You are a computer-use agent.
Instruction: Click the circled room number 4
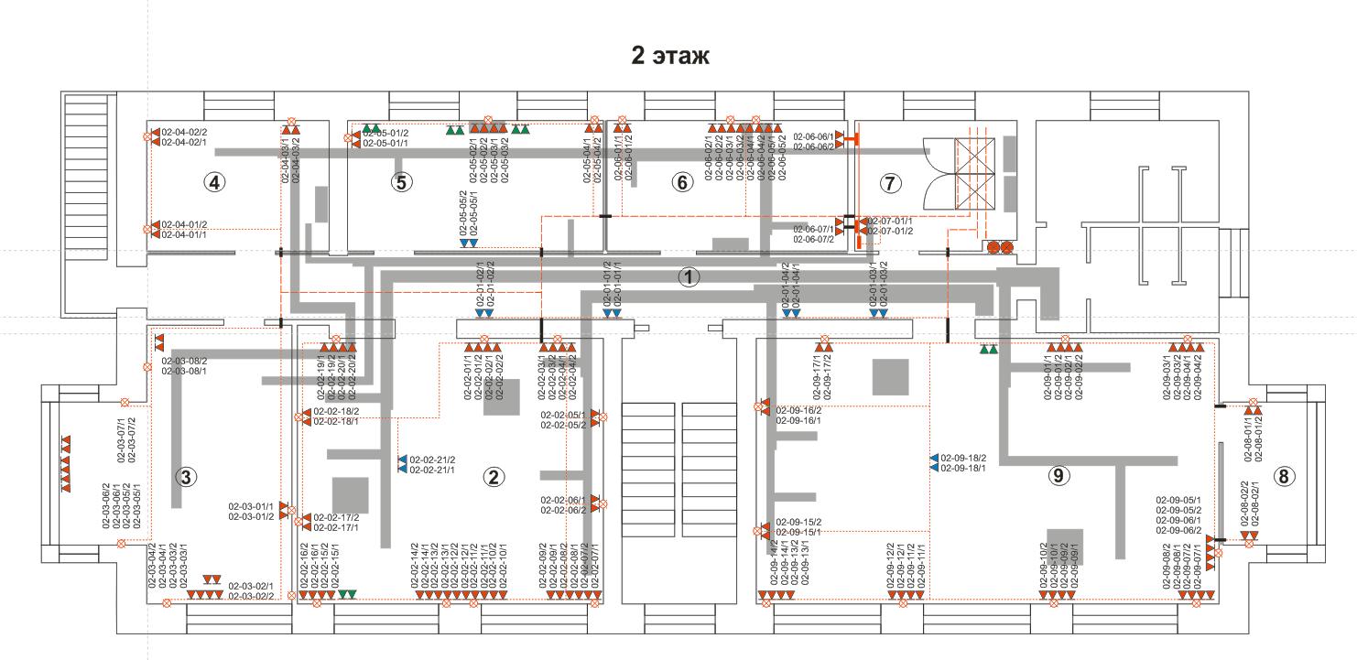214,182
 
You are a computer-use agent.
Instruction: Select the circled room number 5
400,182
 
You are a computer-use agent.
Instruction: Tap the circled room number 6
680,182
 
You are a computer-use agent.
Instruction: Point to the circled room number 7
887,182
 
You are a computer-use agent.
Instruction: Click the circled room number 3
186,476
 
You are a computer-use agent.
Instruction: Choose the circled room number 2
494,476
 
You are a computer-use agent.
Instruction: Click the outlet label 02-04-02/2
184,132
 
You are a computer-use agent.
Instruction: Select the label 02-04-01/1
184,234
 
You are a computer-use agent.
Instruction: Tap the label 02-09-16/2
798,410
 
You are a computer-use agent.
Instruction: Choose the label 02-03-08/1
184,371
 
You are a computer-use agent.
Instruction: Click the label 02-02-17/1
336,527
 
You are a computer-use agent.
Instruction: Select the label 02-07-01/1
890,221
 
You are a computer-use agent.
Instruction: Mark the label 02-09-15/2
798,522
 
